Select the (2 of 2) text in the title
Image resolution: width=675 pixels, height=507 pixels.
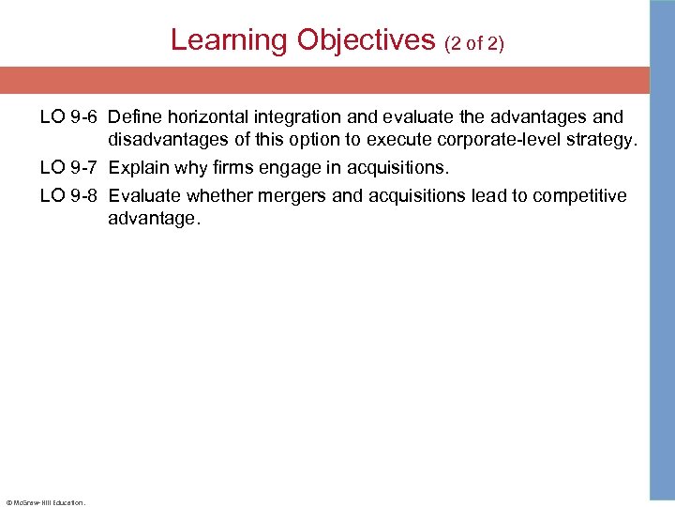tap(474, 42)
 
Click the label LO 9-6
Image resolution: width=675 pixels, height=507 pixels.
tap(69, 117)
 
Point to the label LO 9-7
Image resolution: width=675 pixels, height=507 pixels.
tap(69, 168)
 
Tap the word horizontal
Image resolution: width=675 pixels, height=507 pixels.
tap(203, 117)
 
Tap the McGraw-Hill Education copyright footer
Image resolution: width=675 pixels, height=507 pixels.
tap(45, 501)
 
